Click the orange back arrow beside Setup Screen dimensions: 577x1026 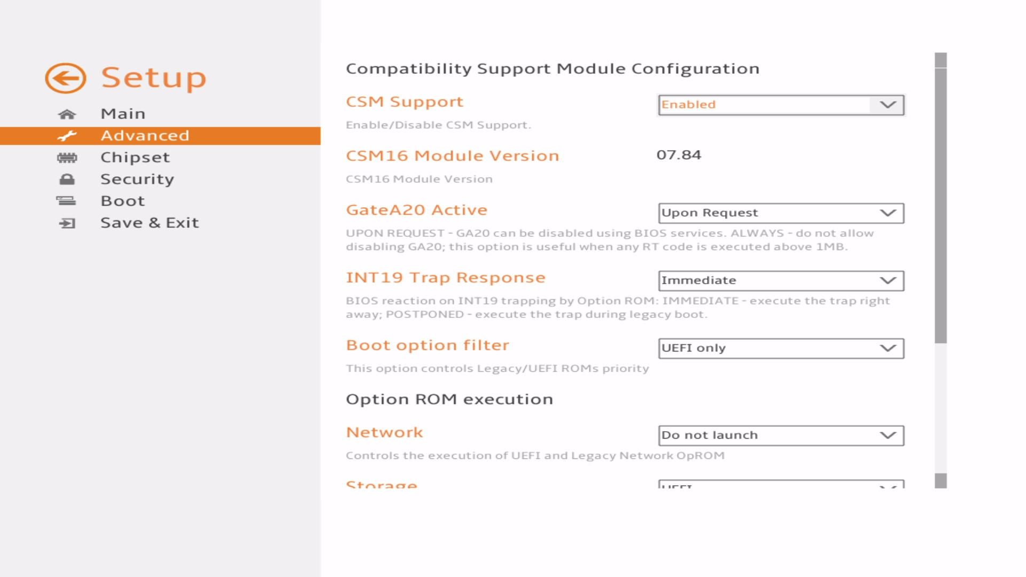[x=65, y=78]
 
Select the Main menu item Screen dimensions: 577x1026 [x=123, y=114]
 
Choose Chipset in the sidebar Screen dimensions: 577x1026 [x=135, y=158]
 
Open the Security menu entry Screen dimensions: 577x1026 [x=137, y=180]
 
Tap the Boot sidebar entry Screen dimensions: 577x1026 [x=122, y=201]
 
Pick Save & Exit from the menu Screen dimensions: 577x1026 [x=149, y=223]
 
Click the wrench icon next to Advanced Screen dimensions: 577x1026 [x=67, y=136]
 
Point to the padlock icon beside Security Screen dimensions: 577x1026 [x=67, y=180]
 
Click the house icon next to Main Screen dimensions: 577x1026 [x=67, y=114]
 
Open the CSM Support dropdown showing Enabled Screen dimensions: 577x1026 [x=781, y=105]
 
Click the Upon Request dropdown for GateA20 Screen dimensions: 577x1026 [x=781, y=213]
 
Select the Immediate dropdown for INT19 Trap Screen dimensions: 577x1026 [x=781, y=280]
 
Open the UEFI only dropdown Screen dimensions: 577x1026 [x=781, y=348]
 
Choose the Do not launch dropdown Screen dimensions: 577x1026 [x=781, y=435]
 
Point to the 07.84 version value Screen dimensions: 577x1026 [x=679, y=155]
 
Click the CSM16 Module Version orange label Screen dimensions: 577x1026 [x=452, y=156]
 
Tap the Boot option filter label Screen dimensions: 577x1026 [x=427, y=345]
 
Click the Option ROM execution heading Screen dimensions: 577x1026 [x=449, y=400]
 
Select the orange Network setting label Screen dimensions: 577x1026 [x=384, y=432]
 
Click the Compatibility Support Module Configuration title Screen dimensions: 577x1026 [x=552, y=69]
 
